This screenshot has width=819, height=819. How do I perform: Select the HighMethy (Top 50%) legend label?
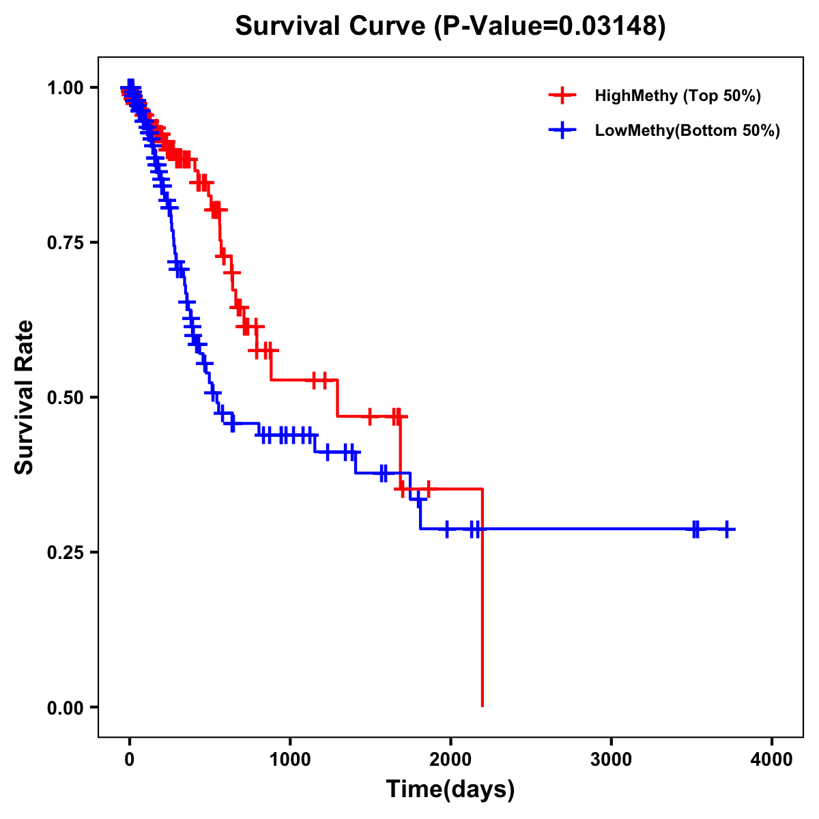(x=677, y=96)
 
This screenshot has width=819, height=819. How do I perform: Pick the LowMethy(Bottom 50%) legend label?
(x=687, y=130)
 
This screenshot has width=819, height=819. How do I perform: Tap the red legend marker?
(x=562, y=96)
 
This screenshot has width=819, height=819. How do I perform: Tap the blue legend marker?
(x=562, y=130)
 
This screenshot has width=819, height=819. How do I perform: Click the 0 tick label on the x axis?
(x=130, y=760)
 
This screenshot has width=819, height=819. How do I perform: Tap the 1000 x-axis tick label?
(x=290, y=760)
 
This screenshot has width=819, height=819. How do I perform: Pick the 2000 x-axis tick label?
(x=450, y=760)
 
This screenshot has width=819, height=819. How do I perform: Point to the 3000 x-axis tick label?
(x=611, y=760)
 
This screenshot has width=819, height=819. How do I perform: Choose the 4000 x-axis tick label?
(x=771, y=760)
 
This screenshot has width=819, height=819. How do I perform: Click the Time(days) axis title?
(x=450, y=790)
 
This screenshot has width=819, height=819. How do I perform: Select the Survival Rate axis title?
(x=25, y=397)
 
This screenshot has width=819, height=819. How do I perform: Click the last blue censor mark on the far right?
(x=728, y=529)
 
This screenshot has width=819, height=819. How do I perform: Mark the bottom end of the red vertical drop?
(x=483, y=706)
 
